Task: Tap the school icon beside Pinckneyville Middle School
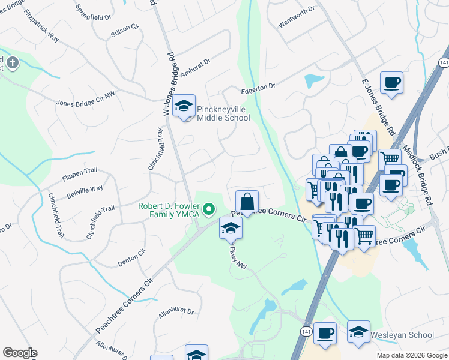tap(184, 107)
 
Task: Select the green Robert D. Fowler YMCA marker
tap(209, 209)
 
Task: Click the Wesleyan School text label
tap(402, 335)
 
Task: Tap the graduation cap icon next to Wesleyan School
tap(358, 332)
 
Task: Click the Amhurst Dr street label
tap(196, 65)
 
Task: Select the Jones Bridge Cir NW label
tap(85, 99)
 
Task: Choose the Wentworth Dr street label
tap(297, 25)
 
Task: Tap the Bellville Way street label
tap(85, 191)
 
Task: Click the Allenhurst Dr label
tap(176, 311)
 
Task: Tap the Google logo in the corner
tap(20, 353)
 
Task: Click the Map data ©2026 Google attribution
tap(412, 355)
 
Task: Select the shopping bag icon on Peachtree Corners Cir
tap(247, 201)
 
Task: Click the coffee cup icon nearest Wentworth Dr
tap(391, 83)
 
